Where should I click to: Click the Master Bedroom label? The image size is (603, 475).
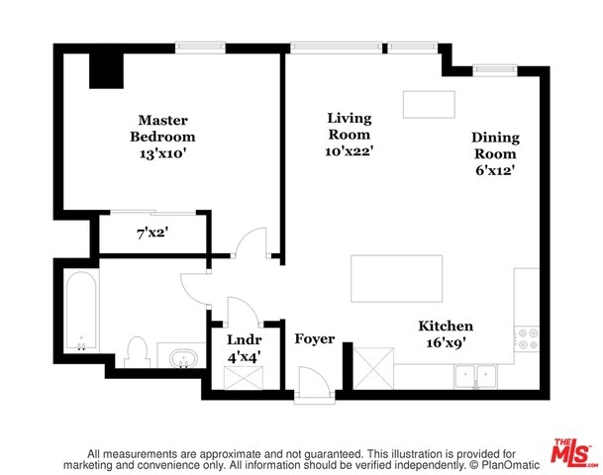click(x=162, y=129)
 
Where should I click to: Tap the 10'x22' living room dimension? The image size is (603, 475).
click(x=350, y=151)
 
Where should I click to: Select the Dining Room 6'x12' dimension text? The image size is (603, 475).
click(x=495, y=170)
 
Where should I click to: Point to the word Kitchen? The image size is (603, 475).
click(x=446, y=326)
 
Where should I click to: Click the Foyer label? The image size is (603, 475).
click(x=315, y=339)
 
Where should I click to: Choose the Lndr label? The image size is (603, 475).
click(x=245, y=339)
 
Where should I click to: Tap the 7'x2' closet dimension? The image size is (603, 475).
click(x=152, y=233)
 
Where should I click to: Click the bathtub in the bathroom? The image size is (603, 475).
click(x=81, y=311)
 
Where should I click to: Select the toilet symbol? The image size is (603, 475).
click(x=137, y=352)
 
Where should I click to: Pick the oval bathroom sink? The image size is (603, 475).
click(x=184, y=359)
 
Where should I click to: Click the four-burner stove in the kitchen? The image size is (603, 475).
click(x=528, y=338)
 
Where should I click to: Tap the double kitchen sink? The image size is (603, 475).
click(x=475, y=376)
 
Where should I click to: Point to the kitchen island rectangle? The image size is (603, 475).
click(x=396, y=279)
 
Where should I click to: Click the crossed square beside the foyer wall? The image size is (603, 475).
click(x=373, y=368)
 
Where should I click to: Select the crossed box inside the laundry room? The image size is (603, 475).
click(x=244, y=378)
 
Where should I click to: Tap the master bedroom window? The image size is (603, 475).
click(x=200, y=47)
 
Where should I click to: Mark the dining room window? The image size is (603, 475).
click(x=495, y=69)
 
